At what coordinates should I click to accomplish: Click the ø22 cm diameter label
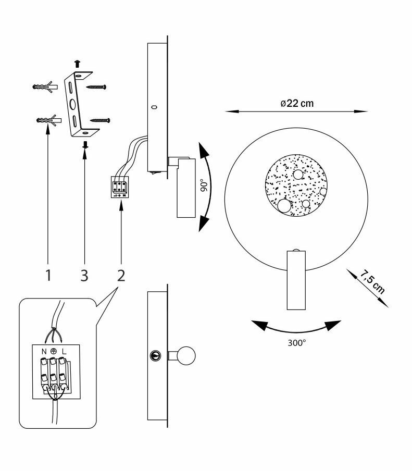pos(297,103)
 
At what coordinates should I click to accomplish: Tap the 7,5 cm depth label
pos(372,282)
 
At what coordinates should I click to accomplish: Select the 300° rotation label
pos(297,343)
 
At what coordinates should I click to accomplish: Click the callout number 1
pos(48,275)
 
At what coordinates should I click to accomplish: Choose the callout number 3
pos(84,275)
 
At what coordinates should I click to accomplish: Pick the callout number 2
pos(121,275)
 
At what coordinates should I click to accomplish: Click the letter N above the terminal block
pos(44,351)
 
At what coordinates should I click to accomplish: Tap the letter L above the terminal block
pos(64,351)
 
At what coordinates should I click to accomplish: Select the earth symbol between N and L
pos(54,351)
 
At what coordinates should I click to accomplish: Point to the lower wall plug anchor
pos(48,120)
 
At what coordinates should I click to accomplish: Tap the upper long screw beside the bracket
pos(96,87)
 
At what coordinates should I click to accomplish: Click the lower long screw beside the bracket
pos(100,120)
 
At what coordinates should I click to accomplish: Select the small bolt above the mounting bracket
pos(78,64)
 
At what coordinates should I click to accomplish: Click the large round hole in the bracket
pos(73,105)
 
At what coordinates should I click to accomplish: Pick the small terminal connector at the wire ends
pos(120,187)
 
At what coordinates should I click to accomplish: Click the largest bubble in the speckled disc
pos(284,206)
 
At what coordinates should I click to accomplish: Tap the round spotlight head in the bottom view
pos(186,355)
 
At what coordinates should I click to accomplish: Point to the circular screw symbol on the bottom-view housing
pos(155,355)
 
